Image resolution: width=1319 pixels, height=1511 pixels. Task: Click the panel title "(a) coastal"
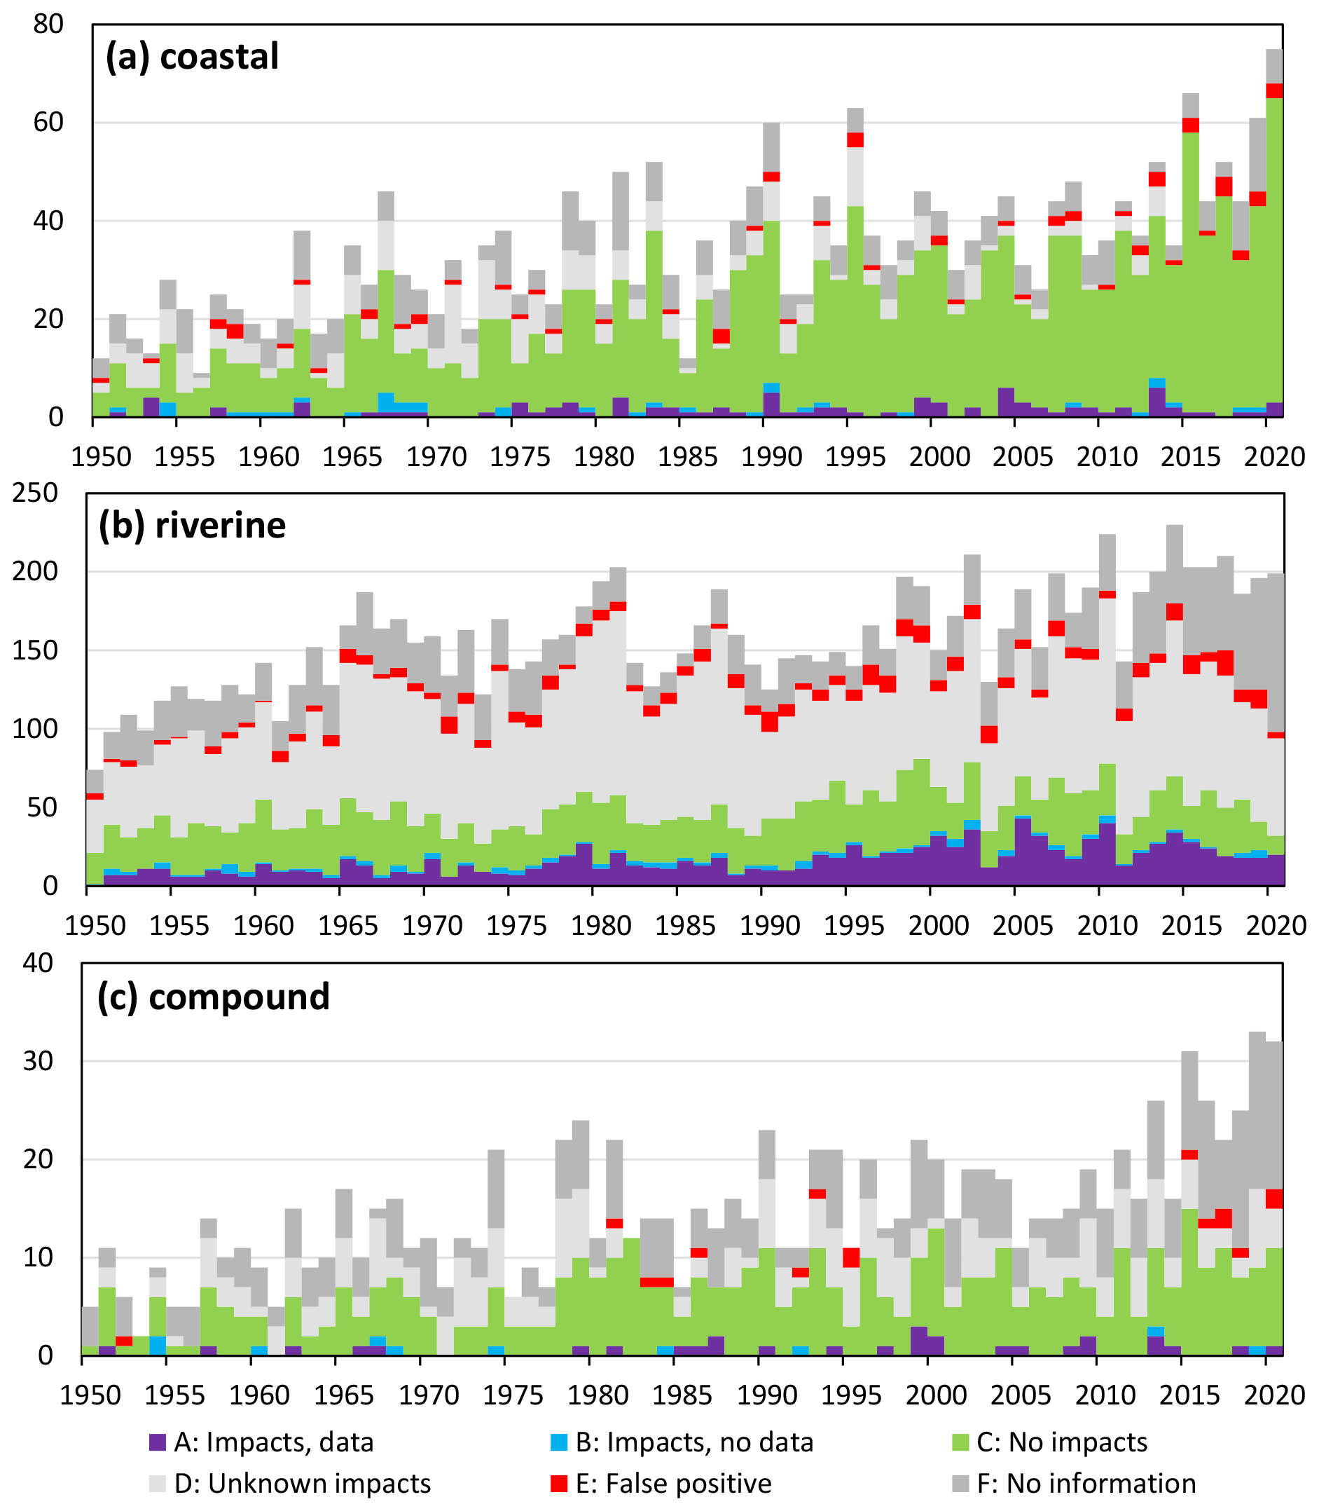192,57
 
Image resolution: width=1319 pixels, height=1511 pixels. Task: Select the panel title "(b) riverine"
192,525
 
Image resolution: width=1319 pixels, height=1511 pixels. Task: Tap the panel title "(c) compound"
214,997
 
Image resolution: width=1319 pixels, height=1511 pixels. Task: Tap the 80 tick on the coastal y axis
48,25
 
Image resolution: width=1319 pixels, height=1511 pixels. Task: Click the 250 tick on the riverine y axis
34,493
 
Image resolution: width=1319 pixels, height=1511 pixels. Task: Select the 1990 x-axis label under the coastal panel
771,456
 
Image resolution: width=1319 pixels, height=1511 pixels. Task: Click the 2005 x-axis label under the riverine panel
1023,926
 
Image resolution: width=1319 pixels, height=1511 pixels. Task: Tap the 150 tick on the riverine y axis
34,650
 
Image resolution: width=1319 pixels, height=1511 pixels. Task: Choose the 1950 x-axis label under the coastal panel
102,456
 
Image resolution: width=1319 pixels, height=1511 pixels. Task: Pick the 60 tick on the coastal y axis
48,122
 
